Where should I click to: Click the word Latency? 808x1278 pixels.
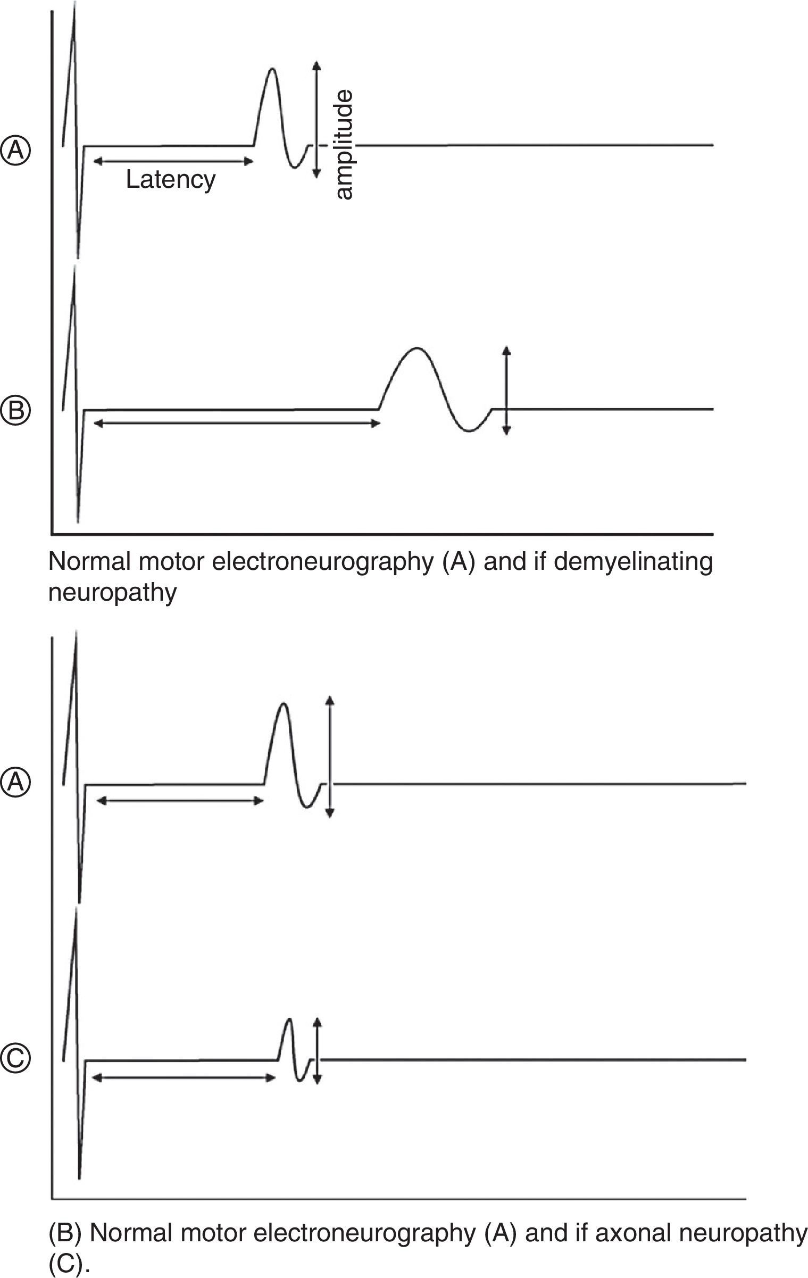[171, 180]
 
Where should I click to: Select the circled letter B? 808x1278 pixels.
[16, 410]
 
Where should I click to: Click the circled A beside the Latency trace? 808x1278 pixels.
[16, 150]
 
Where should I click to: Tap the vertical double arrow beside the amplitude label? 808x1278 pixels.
[316, 119]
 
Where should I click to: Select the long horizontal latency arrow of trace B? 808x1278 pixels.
[236, 423]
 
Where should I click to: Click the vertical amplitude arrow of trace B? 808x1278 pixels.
[506, 391]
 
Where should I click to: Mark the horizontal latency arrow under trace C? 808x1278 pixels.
[183, 1077]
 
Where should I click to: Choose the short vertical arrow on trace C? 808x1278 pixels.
[318, 1051]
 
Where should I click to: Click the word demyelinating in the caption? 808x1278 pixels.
[633, 562]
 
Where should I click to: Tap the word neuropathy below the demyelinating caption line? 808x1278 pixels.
[112, 592]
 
